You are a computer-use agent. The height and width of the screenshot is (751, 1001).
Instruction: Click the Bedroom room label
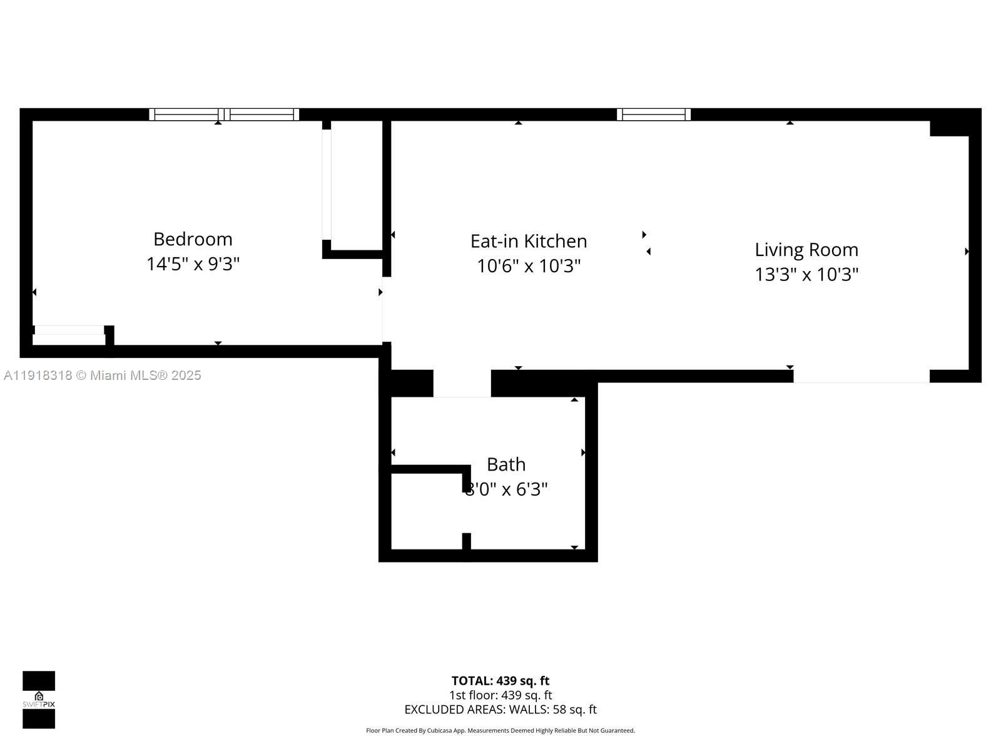pos(193,239)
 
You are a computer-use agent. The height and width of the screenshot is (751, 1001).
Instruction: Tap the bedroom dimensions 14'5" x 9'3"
pos(193,264)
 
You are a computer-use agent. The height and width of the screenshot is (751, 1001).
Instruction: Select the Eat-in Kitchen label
pos(529,241)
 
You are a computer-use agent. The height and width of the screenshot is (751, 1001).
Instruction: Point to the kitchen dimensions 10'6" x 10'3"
pos(529,266)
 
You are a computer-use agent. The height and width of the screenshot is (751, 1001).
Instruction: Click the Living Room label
pos(806,250)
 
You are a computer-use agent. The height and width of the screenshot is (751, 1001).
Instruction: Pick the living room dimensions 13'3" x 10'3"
pos(806,275)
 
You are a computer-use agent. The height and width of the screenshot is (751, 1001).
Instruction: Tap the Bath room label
pos(506,464)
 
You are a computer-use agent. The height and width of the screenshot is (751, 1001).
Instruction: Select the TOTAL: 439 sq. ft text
pos(500,681)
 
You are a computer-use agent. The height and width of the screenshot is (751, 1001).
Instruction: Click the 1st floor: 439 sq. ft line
pos(500,695)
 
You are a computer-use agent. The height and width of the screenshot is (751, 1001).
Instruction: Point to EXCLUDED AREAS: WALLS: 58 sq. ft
pos(500,710)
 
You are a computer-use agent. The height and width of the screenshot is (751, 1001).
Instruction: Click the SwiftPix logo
pos(39,700)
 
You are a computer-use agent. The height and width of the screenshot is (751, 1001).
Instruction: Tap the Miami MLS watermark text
pos(103,375)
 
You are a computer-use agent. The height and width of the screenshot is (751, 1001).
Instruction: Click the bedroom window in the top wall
pos(224,115)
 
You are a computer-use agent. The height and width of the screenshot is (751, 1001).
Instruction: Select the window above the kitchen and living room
pos(654,115)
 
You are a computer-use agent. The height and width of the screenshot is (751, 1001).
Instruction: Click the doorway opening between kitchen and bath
pos(462,383)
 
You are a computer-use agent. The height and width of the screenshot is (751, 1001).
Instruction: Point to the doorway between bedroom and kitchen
pos(386,309)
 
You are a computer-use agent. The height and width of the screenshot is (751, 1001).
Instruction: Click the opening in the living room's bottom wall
pos(861,376)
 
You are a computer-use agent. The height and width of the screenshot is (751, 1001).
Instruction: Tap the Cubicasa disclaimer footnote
pos(500,730)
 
